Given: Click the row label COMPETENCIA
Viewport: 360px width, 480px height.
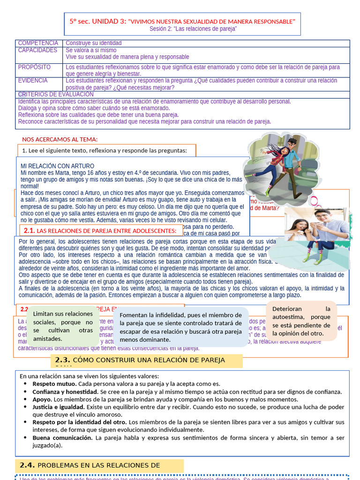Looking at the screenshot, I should tap(38, 43).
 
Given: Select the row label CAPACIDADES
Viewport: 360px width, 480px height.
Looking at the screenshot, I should tap(37, 50).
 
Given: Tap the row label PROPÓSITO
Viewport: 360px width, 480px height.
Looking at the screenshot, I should tap(34, 67).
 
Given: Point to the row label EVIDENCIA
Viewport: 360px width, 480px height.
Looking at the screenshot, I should tap(33, 81).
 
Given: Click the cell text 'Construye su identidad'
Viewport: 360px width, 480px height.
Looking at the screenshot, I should tap(94, 43).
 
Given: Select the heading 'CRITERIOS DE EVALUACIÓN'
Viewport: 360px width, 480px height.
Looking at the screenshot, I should tap(56, 94).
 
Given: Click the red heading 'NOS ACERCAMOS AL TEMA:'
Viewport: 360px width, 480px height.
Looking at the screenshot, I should tap(60, 139).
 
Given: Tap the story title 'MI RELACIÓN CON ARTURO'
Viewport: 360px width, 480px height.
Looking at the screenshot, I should tap(57, 166).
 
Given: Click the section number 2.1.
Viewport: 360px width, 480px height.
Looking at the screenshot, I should tap(29, 231).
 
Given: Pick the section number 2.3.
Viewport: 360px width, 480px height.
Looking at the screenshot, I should tap(62, 360).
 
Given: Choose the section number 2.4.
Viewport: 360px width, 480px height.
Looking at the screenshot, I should tap(27, 465).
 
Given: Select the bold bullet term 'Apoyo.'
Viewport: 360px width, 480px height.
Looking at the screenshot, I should tap(42, 399).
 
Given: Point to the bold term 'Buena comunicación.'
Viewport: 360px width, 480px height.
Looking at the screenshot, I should tap(62, 438).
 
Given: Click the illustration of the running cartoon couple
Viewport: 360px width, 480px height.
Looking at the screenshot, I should tap(280, 165).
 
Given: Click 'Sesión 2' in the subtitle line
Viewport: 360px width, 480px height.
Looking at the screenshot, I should tap(161, 29).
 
